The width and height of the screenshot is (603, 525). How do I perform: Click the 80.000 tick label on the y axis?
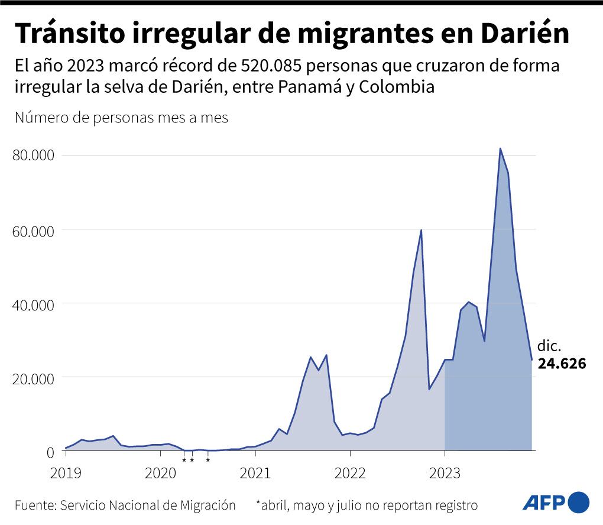pos(33,155)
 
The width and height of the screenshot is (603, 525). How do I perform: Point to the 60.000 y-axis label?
pos(33,230)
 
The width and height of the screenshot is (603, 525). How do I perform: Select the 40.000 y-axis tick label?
pos(33,304)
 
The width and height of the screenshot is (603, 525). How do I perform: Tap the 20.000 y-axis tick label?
pos(33,378)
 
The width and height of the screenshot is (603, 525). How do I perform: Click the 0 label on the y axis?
pos(50,452)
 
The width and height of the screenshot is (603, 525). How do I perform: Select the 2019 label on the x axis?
pos(66,473)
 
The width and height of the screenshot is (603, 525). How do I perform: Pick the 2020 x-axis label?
pos(160,473)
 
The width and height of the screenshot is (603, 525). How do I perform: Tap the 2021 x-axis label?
pos(255,473)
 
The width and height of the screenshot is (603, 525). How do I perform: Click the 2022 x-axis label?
pos(350,473)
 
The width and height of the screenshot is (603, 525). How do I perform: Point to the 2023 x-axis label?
pos(445,473)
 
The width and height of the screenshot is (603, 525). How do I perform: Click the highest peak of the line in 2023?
pos(500,148)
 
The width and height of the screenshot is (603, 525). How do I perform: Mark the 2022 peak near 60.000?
pos(421,230)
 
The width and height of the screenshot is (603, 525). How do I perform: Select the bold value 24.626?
pos(562,364)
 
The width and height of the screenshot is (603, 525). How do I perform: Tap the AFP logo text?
pos(544,503)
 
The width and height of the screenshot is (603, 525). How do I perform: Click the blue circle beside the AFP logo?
pos(579,503)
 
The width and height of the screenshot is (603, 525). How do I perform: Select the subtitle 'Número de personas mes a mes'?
pos(121,117)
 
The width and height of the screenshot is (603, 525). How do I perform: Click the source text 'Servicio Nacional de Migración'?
pos(148,506)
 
